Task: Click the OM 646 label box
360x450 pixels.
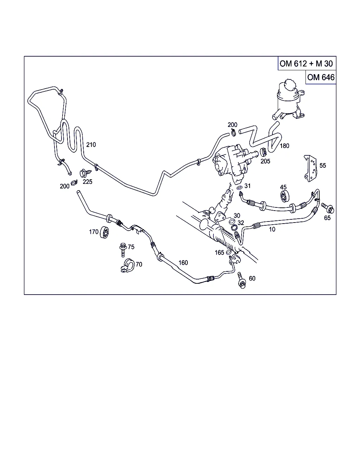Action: [x=321, y=77]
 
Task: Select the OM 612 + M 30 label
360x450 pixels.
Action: [x=306, y=64]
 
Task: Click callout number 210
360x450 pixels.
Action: [x=91, y=144]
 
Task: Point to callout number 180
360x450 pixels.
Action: [x=284, y=146]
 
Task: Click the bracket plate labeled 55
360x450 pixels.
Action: [x=310, y=168]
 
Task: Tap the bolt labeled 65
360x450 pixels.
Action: [x=328, y=208]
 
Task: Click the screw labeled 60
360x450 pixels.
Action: [x=242, y=281]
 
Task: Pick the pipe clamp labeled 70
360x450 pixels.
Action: [x=127, y=265]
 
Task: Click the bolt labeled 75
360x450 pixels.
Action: [x=123, y=250]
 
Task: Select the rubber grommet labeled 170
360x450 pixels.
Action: [x=105, y=232]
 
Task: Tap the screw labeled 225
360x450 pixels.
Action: [x=85, y=173]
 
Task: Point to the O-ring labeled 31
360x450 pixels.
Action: [x=240, y=187]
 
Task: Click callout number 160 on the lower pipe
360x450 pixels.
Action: [x=183, y=263]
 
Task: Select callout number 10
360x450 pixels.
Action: [x=272, y=229]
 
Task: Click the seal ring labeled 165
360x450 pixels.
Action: [x=228, y=252]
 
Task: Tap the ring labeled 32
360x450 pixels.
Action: [x=234, y=227]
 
